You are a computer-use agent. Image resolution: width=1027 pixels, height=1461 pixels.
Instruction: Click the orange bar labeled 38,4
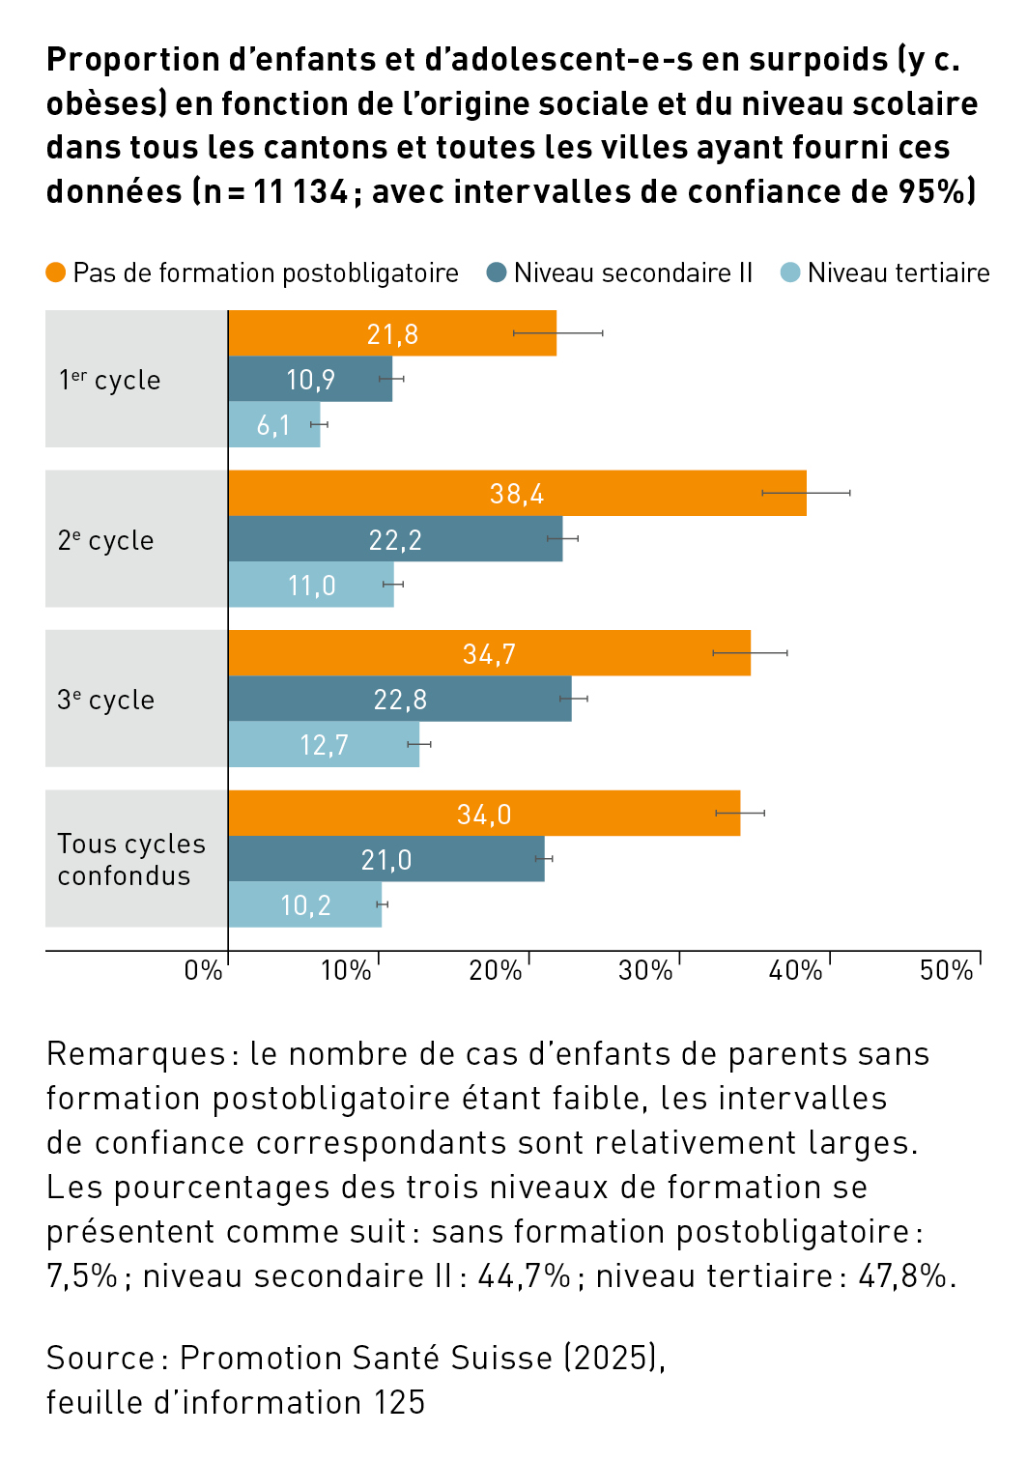tap(517, 493)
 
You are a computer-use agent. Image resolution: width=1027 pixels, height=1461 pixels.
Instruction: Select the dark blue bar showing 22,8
tap(399, 699)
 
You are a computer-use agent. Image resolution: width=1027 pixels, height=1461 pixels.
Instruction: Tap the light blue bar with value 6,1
tap(273, 425)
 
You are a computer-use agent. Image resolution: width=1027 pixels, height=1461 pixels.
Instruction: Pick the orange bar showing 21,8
tap(392, 333)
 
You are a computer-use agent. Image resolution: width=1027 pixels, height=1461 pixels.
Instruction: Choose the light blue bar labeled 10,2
tap(304, 904)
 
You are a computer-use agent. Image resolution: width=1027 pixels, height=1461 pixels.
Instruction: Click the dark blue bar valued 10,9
tap(310, 379)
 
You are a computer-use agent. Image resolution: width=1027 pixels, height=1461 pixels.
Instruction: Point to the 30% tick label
tap(644, 970)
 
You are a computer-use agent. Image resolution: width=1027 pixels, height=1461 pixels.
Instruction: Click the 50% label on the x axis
tap(946, 970)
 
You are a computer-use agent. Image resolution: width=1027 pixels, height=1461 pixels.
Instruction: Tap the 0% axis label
tap(203, 970)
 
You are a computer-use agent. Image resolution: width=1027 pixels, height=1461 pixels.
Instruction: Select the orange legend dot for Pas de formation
tap(56, 272)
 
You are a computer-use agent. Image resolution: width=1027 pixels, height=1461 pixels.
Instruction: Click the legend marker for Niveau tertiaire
tap(790, 272)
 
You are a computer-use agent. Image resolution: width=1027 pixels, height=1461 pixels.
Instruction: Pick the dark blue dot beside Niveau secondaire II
tap(497, 272)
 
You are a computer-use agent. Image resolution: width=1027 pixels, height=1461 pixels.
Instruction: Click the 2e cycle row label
tap(106, 540)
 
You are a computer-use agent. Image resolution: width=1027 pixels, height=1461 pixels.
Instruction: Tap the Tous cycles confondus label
tap(130, 859)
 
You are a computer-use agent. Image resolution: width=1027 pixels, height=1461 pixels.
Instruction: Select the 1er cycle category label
tap(109, 380)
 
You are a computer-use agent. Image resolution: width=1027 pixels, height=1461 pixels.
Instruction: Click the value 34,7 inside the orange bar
tap(489, 654)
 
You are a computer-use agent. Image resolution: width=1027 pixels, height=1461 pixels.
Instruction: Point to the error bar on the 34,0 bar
tap(740, 813)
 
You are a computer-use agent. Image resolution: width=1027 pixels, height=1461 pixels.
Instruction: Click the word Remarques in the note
tap(135, 1053)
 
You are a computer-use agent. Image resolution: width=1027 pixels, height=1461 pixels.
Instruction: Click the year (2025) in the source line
tap(613, 1358)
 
